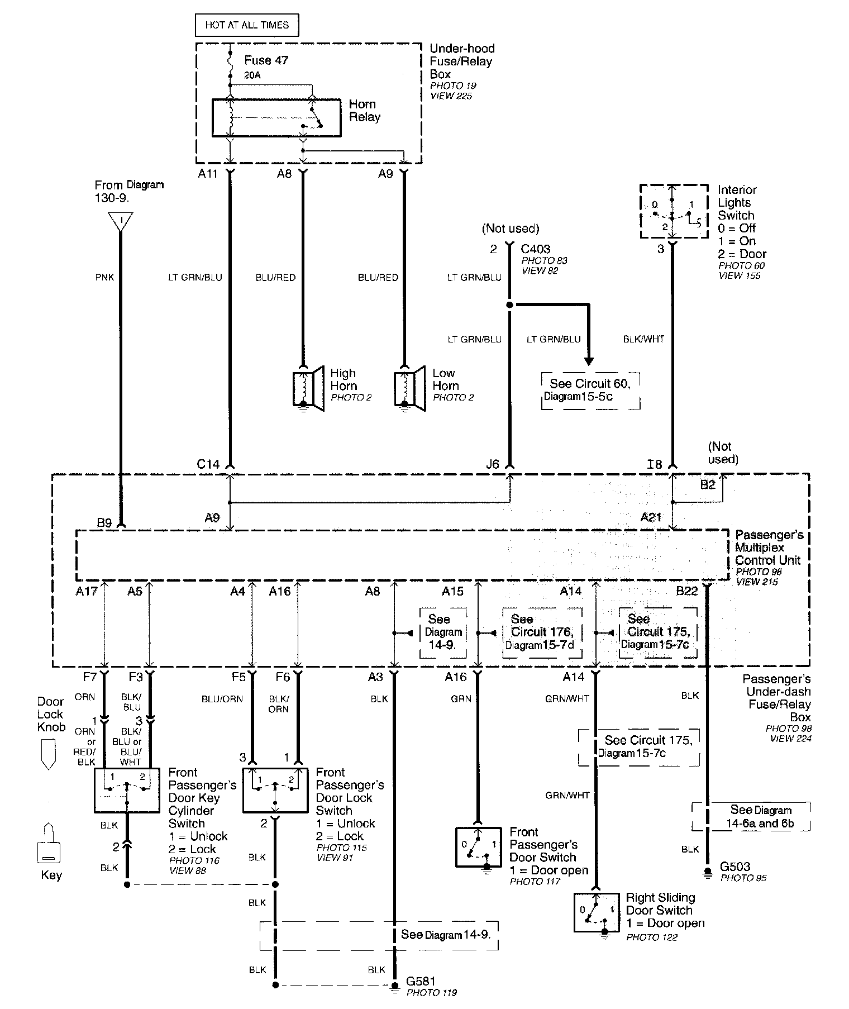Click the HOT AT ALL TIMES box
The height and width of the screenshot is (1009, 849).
click(246, 25)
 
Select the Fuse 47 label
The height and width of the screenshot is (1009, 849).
click(266, 60)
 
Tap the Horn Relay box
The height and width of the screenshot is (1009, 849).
click(276, 117)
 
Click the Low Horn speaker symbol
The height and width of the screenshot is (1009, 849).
click(411, 388)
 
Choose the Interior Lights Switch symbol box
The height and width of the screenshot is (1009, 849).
click(673, 211)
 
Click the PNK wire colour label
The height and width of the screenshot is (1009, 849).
click(104, 277)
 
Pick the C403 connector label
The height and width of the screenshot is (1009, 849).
click(535, 249)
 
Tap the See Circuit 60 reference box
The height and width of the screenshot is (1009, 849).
click(590, 391)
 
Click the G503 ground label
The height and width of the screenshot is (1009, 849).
click(735, 867)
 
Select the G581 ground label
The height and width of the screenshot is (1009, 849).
click(421, 981)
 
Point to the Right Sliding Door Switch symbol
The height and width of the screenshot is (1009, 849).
click(597, 912)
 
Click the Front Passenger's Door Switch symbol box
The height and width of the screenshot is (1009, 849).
click(479, 846)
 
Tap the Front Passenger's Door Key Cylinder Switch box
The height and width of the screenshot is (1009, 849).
click(127, 789)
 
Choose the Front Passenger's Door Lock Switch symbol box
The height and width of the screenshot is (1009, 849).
click(275, 789)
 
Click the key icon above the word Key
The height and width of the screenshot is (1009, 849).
click(49, 842)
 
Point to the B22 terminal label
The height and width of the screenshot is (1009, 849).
click(686, 591)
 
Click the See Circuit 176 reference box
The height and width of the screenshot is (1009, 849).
click(542, 632)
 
